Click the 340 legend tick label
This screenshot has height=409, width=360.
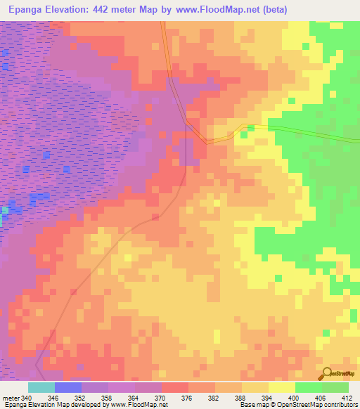pyautogui.click(x=27, y=398)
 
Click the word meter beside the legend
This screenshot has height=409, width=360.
pyautogui.click(x=11, y=398)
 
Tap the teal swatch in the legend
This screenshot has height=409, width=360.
pyautogui.click(x=41, y=387)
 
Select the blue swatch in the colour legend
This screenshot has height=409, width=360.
pyautogui.click(x=67, y=387)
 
